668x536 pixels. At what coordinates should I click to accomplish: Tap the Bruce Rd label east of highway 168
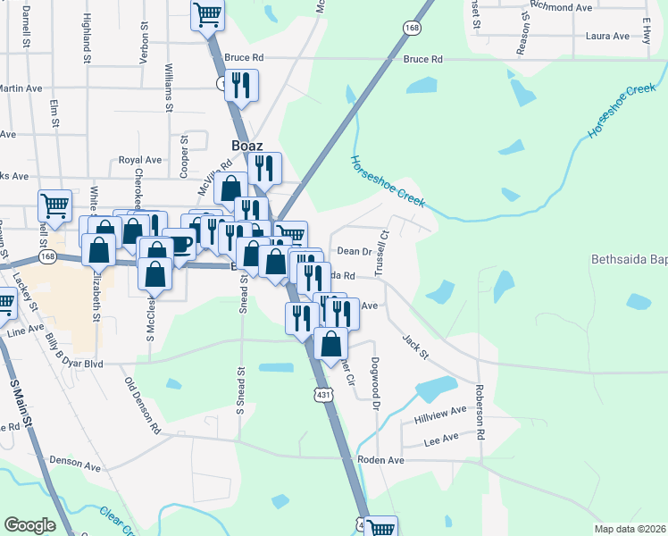(x=423, y=60)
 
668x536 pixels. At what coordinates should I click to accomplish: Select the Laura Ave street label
(x=608, y=36)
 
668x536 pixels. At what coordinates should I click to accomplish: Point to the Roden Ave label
(x=381, y=460)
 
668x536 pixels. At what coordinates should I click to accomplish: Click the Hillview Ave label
(x=440, y=413)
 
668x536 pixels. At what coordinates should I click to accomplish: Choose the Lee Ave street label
(x=440, y=440)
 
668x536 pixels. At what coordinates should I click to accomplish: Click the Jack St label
(x=416, y=348)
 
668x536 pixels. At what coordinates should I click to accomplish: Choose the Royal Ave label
(x=139, y=160)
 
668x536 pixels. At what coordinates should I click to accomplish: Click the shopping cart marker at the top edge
(x=207, y=14)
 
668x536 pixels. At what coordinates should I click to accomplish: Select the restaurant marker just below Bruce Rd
(x=241, y=85)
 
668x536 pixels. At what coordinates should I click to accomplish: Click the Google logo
(x=29, y=524)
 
